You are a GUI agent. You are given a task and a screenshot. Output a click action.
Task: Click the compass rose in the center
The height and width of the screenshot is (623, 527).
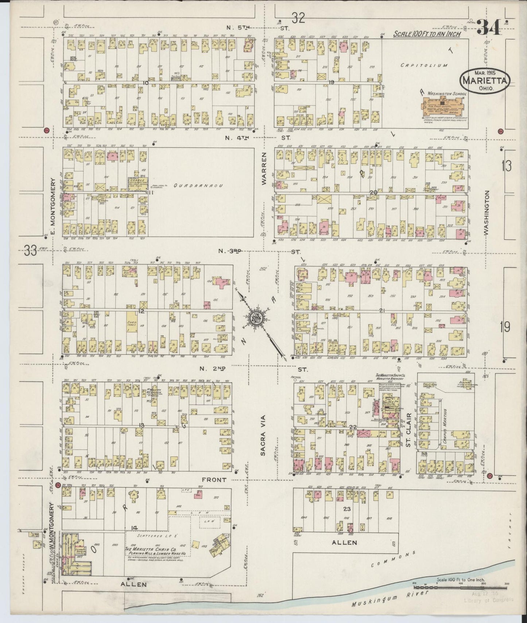pyautogui.click(x=256, y=318)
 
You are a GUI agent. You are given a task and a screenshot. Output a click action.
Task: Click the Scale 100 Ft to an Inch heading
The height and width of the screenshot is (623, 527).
pyautogui.click(x=427, y=34)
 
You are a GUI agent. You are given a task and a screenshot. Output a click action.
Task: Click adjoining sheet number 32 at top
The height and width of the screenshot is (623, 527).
pyautogui.click(x=298, y=18)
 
